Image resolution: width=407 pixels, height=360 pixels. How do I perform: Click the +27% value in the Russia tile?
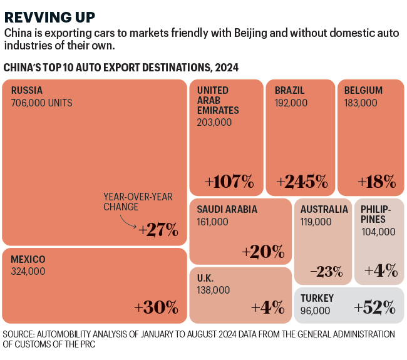point(158,230)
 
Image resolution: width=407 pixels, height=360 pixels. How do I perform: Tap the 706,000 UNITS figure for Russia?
point(41,103)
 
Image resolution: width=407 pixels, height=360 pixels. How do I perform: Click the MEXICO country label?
point(28,259)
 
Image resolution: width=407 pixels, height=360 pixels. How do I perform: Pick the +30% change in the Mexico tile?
point(157,307)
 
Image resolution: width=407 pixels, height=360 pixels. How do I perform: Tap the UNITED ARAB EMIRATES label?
point(214,100)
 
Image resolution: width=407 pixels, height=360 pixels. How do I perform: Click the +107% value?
point(229,182)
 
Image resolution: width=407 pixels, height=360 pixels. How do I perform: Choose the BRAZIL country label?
point(289,90)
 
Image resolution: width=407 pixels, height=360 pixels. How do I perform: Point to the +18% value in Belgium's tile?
point(377,182)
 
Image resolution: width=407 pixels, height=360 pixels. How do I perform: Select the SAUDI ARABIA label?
point(227,209)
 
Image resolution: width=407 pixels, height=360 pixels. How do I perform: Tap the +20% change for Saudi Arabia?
point(263,251)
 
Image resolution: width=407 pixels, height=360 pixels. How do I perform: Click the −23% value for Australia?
point(326,272)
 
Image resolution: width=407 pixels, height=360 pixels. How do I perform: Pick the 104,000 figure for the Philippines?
point(378,232)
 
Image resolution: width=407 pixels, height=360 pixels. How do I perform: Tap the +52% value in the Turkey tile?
point(374,307)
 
